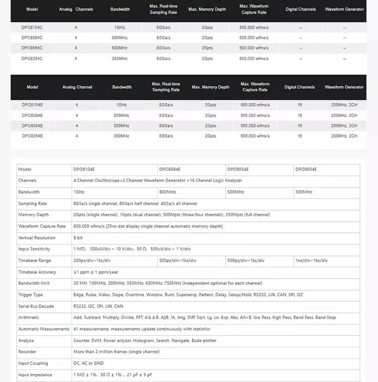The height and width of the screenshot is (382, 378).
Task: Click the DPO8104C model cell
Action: tap(32, 27)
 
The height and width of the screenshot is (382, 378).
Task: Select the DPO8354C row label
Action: tap(32, 58)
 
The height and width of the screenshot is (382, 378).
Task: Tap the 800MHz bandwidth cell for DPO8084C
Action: tap(120, 37)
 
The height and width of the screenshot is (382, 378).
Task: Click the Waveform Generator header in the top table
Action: tap(344, 10)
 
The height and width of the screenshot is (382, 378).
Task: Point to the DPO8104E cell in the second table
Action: tap(32, 105)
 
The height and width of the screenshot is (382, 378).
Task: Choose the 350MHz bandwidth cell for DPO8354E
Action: tap(121, 136)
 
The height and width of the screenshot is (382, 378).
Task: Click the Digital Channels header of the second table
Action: tap(299, 87)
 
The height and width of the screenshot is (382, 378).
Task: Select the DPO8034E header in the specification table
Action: tap(306, 169)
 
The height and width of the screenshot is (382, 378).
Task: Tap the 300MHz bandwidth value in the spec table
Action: tap(304, 192)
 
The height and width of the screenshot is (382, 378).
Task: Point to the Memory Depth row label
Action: tap(33, 215)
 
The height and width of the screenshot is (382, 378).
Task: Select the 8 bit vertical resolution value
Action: tap(78, 238)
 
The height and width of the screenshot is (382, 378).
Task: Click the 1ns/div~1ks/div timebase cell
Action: tap(311, 261)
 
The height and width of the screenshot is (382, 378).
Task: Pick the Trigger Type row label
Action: tap(31, 295)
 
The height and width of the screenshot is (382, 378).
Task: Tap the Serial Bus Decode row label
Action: tap(36, 306)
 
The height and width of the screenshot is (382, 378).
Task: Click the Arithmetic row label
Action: tap(29, 317)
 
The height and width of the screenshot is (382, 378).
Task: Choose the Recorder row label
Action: tap(27, 352)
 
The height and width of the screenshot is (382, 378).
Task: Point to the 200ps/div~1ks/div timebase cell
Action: tap(92, 261)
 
